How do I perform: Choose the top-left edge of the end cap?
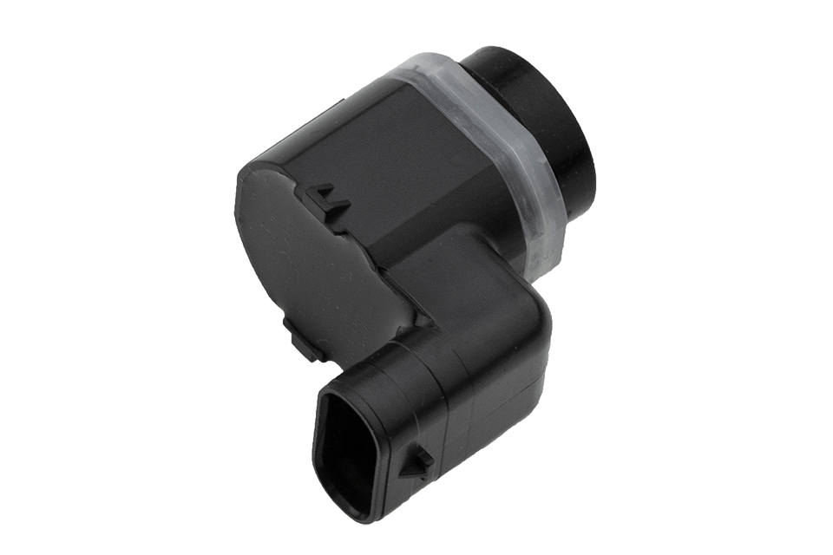[x=247, y=173]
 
